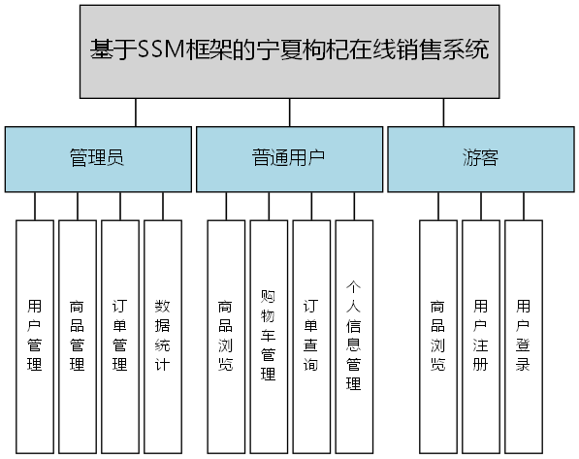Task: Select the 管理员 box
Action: tap(97, 158)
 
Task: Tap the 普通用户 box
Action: tap(289, 158)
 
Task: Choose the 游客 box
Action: tap(480, 158)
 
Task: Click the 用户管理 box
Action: tap(35, 337)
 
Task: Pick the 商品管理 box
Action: tap(78, 337)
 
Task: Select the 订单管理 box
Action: tap(120, 337)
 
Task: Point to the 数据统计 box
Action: tap(163, 337)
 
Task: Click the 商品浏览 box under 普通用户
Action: tap(226, 337)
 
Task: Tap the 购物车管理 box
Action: tap(269, 337)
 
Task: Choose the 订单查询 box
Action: tap(311, 337)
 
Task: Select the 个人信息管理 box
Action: tap(354, 337)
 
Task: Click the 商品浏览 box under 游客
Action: tap(437, 337)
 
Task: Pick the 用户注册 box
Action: tap(480, 337)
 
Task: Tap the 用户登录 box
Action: tap(523, 337)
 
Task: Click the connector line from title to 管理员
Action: tap(136, 113)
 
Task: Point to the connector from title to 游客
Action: tap(443, 113)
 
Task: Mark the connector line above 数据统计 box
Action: tap(163, 206)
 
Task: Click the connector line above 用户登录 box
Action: tap(524, 206)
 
